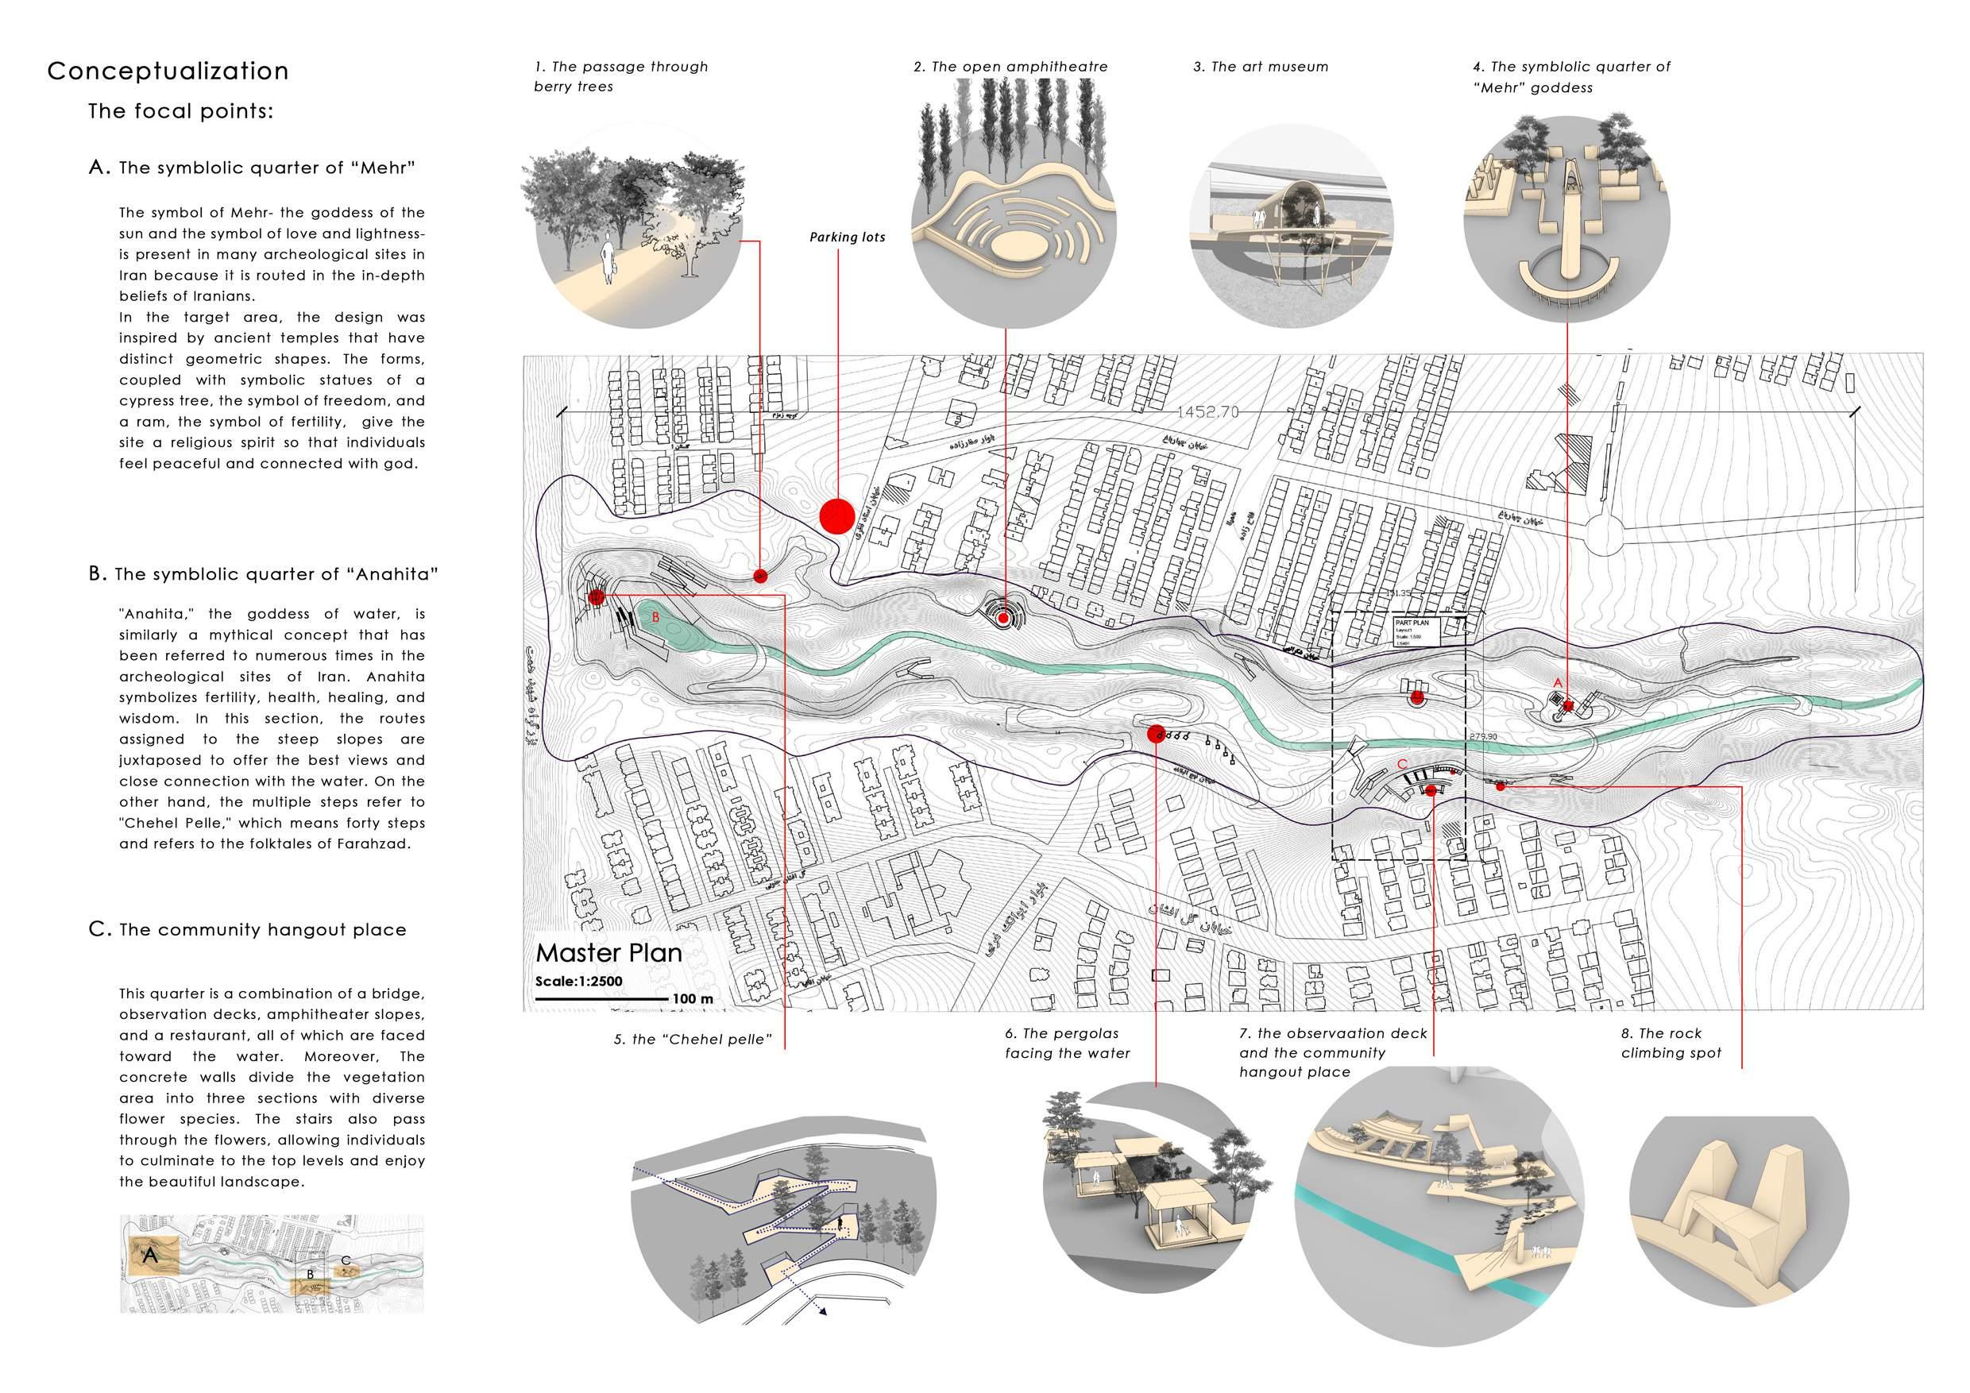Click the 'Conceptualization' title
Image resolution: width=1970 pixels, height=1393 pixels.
(168, 71)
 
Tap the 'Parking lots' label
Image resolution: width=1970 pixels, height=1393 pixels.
(847, 237)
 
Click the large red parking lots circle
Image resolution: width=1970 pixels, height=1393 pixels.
(836, 516)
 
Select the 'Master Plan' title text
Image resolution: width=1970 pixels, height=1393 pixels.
(608, 953)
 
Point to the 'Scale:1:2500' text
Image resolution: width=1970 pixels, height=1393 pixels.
(578, 982)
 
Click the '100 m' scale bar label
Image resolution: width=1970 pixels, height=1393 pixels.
(693, 999)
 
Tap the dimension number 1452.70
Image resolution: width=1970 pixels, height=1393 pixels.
(1207, 413)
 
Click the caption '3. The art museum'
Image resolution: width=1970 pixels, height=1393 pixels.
(1260, 67)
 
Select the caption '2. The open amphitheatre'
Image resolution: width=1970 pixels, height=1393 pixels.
(1010, 67)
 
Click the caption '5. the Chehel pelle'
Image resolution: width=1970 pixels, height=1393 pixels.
(693, 1040)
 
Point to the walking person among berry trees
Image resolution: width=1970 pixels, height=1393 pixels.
(609, 260)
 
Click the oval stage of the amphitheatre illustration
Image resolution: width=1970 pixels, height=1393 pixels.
(1018, 248)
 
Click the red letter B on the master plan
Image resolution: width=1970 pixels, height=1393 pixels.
(655, 617)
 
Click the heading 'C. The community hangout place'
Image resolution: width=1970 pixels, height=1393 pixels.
(247, 930)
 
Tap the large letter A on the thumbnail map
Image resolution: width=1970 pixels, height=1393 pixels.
(150, 1256)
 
